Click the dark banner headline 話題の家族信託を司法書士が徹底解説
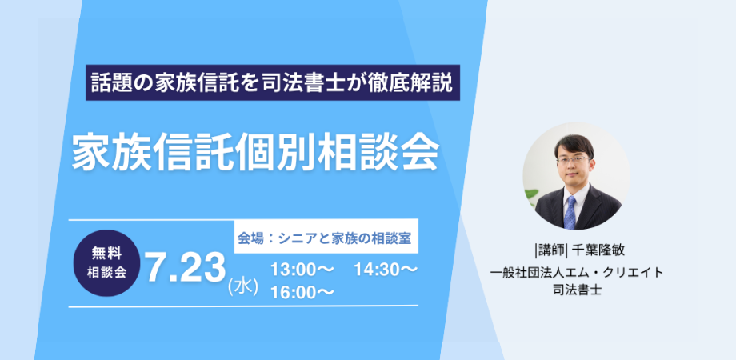pyautogui.click(x=272, y=82)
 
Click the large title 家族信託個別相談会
pyautogui.click(x=256, y=150)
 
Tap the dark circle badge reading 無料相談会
pyautogui.click(x=106, y=263)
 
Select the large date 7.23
pyautogui.click(x=185, y=269)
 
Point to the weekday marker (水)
pyautogui.click(x=242, y=287)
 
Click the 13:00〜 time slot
pyautogui.click(x=302, y=270)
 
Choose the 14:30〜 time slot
pyautogui.click(x=386, y=270)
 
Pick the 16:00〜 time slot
pyautogui.click(x=302, y=292)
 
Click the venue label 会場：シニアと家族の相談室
pyautogui.click(x=324, y=238)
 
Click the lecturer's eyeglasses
pyautogui.click(x=573, y=159)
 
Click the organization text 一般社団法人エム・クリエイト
pyautogui.click(x=577, y=272)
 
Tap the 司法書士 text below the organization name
pyautogui.click(x=578, y=290)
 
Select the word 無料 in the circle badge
pyautogui.click(x=107, y=254)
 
